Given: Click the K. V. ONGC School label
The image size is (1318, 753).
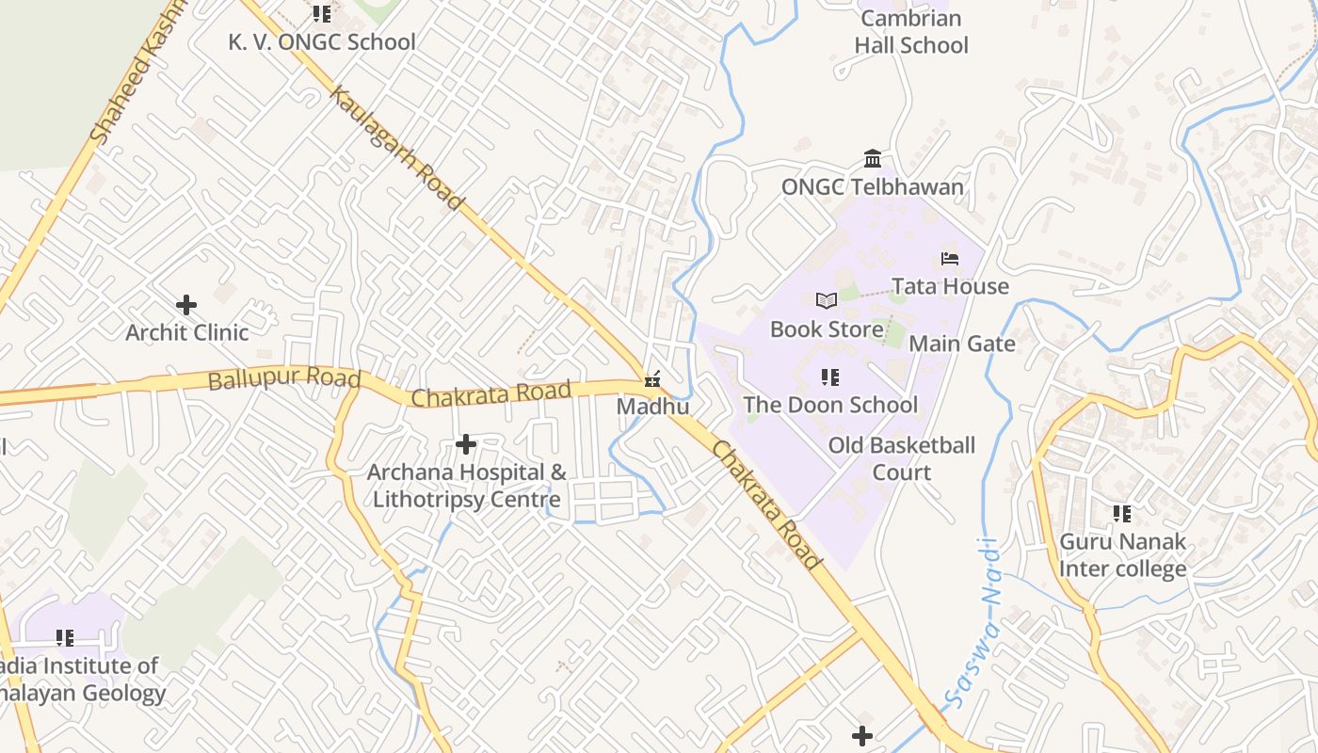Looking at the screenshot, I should point(321,42).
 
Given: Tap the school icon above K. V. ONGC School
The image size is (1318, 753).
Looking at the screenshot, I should point(322,14).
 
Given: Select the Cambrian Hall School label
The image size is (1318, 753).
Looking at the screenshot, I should point(911,32).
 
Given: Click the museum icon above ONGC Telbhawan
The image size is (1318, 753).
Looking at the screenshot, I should point(873,158).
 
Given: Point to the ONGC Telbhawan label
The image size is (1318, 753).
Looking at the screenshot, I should point(873,186).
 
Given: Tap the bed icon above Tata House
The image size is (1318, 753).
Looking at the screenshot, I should point(949,259).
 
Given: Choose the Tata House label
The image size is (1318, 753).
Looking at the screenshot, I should point(950,286).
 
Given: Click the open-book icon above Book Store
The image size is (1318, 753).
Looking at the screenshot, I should point(827,301).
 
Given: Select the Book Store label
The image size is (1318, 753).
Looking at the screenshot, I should point(827,328).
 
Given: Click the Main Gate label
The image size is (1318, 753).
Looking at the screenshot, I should point(962,344).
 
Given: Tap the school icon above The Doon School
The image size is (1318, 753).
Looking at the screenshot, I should point(829,377).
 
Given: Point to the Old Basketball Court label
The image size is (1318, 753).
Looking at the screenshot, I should point(902,458).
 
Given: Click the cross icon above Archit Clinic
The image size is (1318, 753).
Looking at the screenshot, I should point(186,304).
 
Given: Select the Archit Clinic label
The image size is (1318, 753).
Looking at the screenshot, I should point(187,332).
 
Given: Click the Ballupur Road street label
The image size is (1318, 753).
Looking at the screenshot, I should point(284,379).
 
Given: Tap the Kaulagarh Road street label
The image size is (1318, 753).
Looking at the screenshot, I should point(396,149).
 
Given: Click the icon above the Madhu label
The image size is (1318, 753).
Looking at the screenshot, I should point(651,379).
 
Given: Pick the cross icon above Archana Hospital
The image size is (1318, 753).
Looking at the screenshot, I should point(465,443).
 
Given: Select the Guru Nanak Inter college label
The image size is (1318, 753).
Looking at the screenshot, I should point(1122,555).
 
